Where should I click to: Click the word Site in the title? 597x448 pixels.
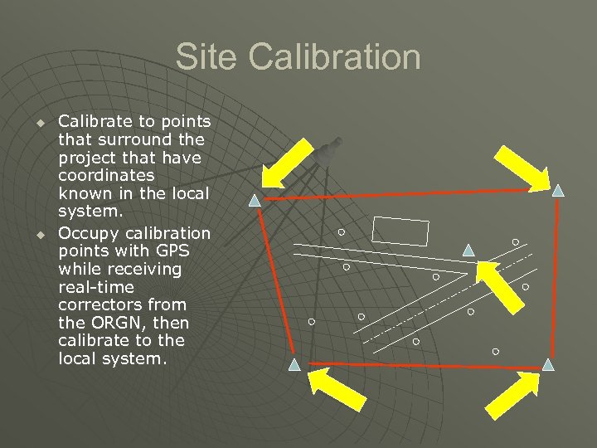coord(204,58)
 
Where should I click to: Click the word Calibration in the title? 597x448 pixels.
coord(330,58)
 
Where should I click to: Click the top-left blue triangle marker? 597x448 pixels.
coord(255,200)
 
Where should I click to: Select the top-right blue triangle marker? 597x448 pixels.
coord(558,191)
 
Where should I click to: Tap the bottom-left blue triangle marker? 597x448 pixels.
coord(294,364)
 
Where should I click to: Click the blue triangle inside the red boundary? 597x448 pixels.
coord(468,249)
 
